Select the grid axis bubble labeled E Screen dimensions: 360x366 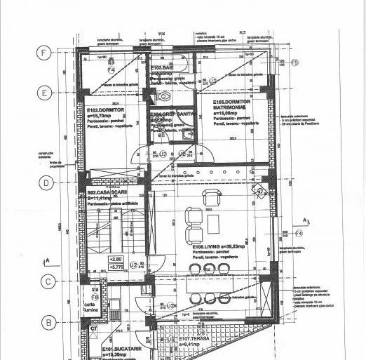(x=45, y=92)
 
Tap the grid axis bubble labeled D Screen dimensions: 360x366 (x=45, y=183)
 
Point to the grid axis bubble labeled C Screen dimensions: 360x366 (x=45, y=282)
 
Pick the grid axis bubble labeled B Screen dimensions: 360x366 (x=45, y=324)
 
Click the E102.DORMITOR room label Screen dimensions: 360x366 (x=104, y=110)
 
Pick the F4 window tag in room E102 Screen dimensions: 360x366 (x=110, y=71)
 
